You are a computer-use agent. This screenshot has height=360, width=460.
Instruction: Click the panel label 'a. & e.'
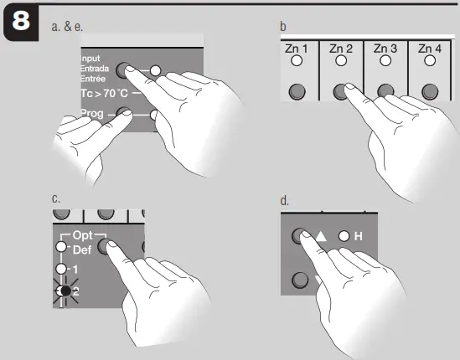click(x=66, y=28)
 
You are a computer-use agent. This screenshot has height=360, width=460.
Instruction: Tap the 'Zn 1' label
click(x=297, y=49)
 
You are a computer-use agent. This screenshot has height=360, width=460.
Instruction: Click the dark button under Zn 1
click(x=297, y=91)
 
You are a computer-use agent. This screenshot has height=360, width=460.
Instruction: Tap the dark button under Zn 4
click(x=430, y=91)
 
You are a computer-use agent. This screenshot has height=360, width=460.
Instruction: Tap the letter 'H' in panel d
click(x=358, y=236)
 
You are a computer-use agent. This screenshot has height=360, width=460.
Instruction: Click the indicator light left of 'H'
click(x=344, y=236)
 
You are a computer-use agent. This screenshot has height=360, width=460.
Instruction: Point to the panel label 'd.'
click(x=285, y=201)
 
